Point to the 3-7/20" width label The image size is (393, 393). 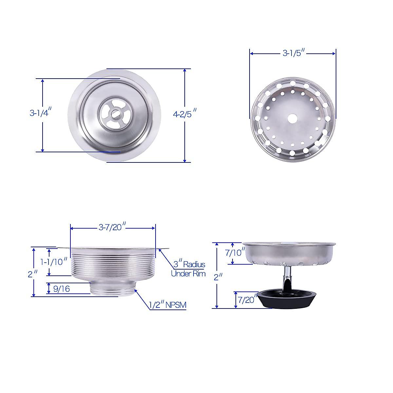(112, 227)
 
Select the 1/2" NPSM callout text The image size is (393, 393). (168, 305)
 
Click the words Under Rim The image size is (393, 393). (188, 274)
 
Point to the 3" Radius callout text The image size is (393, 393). (189, 264)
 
